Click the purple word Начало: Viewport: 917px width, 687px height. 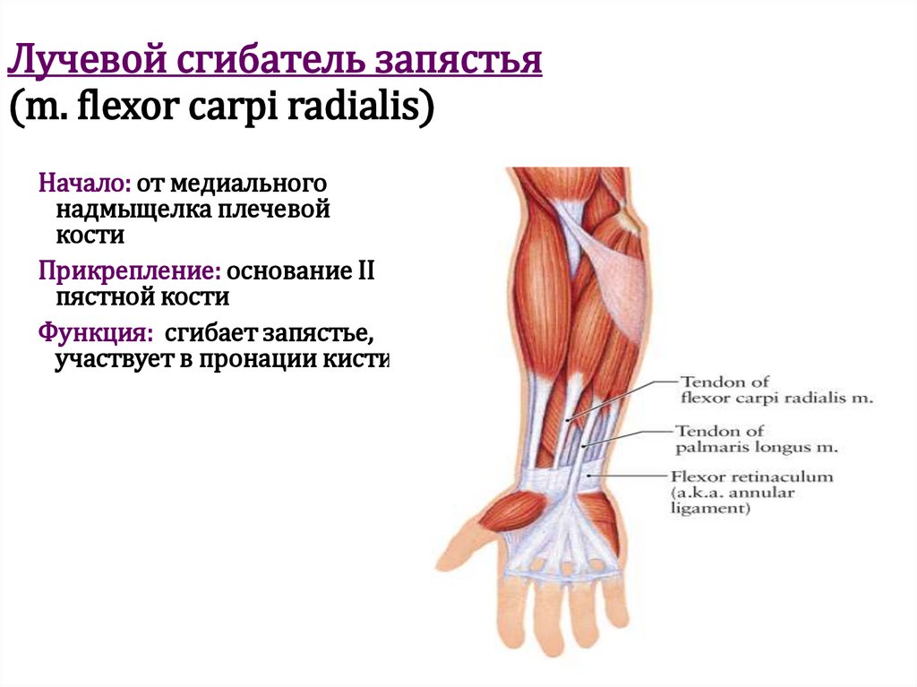tap(85, 185)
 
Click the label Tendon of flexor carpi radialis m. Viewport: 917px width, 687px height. tap(776, 389)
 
